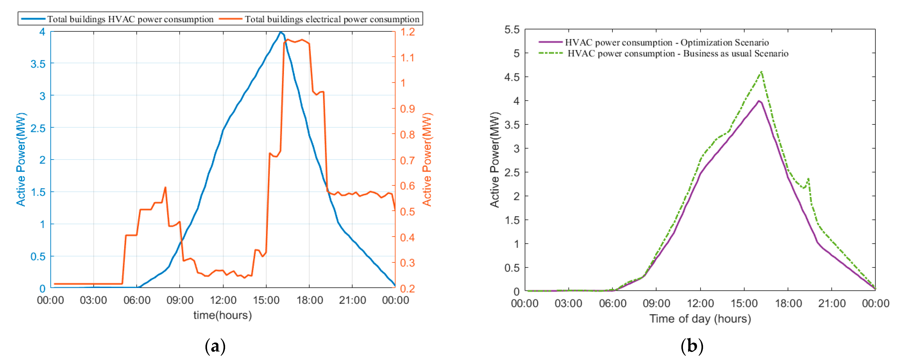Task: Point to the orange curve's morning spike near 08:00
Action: (x=165, y=188)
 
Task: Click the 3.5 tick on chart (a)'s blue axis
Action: (x=38, y=64)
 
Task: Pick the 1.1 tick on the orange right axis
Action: (x=407, y=58)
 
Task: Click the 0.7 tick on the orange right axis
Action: (x=407, y=160)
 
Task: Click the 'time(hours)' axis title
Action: (x=223, y=315)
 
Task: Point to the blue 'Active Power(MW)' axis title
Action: (x=21, y=159)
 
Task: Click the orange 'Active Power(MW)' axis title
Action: (x=427, y=159)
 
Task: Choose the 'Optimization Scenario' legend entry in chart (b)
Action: (x=667, y=43)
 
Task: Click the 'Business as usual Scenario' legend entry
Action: (x=678, y=53)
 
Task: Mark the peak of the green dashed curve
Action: (x=762, y=72)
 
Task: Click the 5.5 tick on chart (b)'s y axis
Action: (x=512, y=30)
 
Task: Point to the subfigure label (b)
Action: (x=692, y=346)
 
